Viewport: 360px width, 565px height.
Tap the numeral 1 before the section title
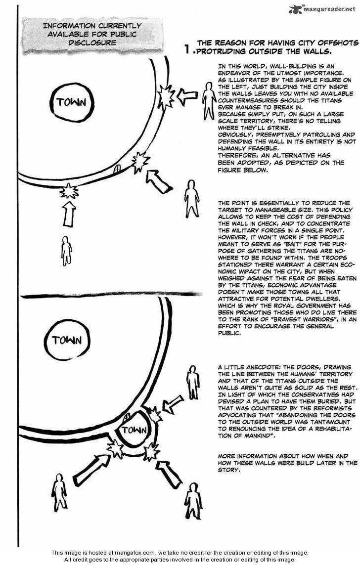pos(187,48)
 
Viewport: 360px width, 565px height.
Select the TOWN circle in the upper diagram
pos(71,102)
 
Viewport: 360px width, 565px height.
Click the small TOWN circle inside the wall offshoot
pos(134,430)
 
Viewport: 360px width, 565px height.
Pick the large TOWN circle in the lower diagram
pos(67,340)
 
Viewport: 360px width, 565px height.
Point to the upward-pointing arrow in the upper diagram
pos(69,213)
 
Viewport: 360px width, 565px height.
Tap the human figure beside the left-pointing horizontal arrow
pos(209,100)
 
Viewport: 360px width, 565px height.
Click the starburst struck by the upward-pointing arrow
pos(69,190)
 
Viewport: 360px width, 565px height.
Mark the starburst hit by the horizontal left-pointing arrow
pos(166,96)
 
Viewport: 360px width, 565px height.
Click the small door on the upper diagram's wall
pos(117,169)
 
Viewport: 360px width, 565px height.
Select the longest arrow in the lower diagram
pos(91,470)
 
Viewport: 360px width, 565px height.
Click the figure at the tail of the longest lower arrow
pos(59,492)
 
